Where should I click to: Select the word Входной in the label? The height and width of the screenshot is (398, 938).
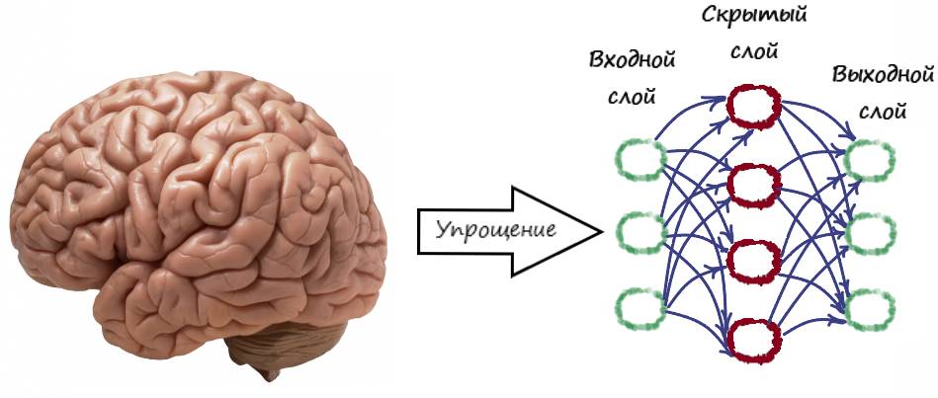[633, 60]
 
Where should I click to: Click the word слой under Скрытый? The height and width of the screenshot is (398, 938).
[754, 51]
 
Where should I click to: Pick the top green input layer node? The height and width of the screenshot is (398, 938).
[638, 160]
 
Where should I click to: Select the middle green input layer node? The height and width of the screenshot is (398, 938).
[638, 233]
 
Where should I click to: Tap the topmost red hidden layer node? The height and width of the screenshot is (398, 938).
[754, 104]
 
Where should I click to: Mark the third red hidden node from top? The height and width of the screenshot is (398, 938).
[754, 261]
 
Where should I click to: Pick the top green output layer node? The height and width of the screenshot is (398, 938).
[870, 158]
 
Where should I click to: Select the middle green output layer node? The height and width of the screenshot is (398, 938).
[870, 233]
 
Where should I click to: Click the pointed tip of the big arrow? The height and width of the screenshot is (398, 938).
[600, 233]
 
